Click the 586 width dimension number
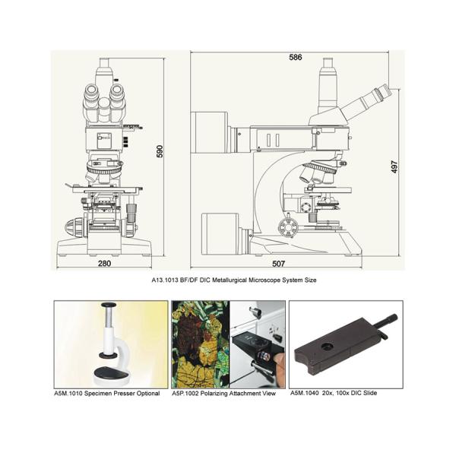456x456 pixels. [x=295, y=57]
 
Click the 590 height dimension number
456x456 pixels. [x=160, y=151]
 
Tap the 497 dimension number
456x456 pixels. [x=394, y=166]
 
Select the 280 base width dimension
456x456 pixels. [x=104, y=264]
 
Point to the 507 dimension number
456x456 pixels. [x=278, y=264]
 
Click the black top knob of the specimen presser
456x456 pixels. [x=109, y=305]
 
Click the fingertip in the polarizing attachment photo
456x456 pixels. [x=280, y=359]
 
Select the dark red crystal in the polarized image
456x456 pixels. [x=191, y=331]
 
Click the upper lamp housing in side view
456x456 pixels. [x=210, y=132]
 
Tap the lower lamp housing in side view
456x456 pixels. [x=220, y=234]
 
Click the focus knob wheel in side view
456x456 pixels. [x=288, y=226]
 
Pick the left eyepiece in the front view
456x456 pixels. [x=91, y=93]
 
